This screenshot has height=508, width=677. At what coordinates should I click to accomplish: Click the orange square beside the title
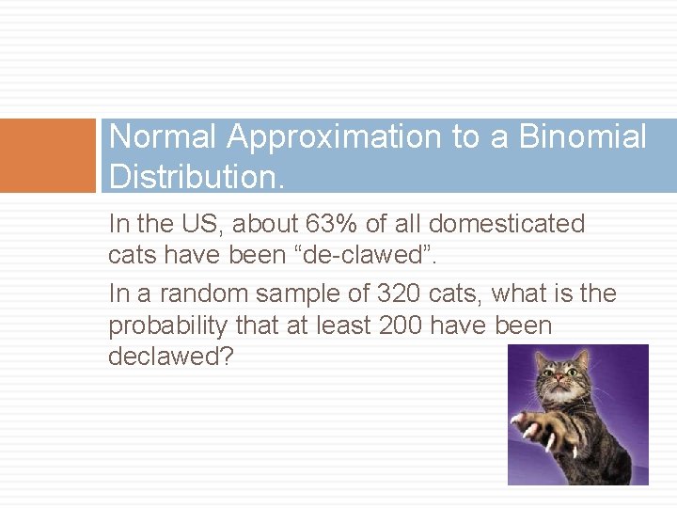48,155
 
